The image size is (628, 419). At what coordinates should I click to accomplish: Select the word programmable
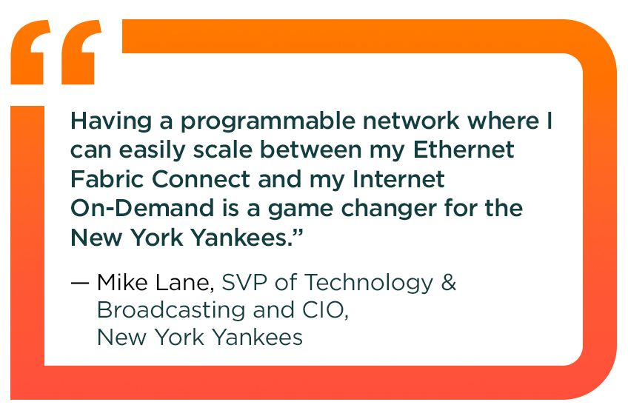[x=268, y=121]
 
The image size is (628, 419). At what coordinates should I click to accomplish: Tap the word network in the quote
[x=410, y=121]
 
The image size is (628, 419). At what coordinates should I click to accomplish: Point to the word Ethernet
[x=464, y=150]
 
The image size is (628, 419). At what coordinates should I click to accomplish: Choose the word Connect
[x=201, y=179]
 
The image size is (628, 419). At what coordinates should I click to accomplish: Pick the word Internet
[x=398, y=179]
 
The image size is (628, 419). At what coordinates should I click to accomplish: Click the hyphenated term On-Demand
[x=143, y=208]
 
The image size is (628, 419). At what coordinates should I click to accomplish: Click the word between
[x=311, y=150]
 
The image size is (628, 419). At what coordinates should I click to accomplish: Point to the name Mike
[x=122, y=283]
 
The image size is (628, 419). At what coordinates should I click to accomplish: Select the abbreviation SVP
[x=244, y=283]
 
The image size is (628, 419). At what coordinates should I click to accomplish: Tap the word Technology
[x=370, y=284]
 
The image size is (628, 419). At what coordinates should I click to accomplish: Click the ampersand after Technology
[x=449, y=283]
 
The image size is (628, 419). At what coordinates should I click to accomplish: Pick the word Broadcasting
[x=171, y=311]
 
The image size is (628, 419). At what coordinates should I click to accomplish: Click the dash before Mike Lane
[x=79, y=283]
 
